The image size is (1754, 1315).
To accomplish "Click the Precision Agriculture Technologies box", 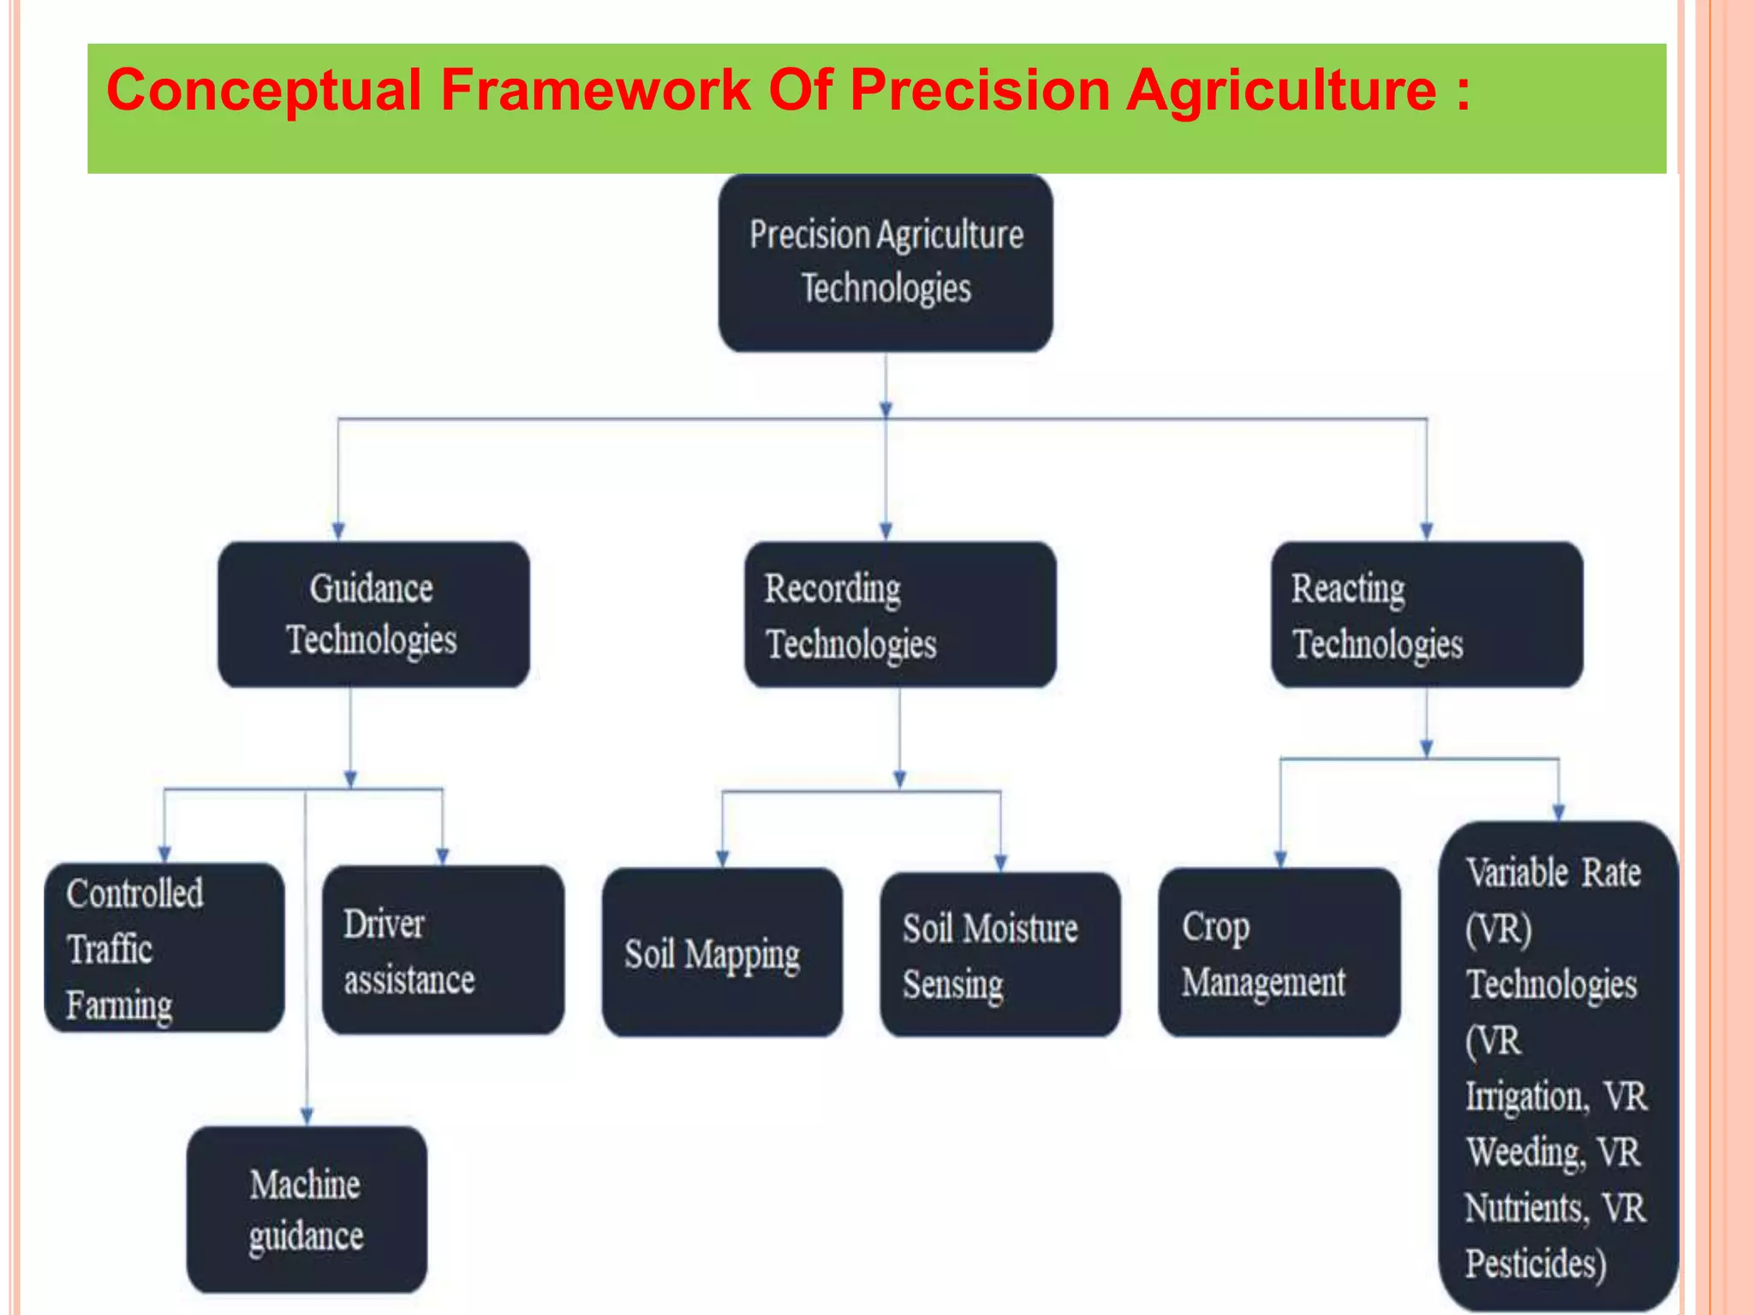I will pyautogui.click(x=886, y=263).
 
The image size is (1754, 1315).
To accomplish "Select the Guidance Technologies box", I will pyautogui.click(x=373, y=614).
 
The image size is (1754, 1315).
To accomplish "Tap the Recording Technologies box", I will pyautogui.click(x=899, y=614).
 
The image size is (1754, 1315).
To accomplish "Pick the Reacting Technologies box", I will pyautogui.click(x=1426, y=614).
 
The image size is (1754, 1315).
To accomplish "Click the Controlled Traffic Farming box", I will pyautogui.click(x=164, y=948).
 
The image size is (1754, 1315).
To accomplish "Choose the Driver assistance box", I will pyautogui.click(x=443, y=950).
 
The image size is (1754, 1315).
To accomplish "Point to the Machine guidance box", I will pyautogui.click(x=307, y=1209).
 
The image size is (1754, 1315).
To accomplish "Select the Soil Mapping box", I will pyautogui.click(x=722, y=953).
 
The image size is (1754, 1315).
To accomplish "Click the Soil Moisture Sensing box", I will pyautogui.click(x=999, y=955).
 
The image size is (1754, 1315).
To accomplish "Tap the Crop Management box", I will pyautogui.click(x=1279, y=953).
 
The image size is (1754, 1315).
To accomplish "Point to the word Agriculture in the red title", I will pyautogui.click(x=1280, y=90).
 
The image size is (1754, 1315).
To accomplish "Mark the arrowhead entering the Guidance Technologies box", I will pyautogui.click(x=338, y=531).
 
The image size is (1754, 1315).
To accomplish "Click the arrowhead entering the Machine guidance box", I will pyautogui.click(x=307, y=1116).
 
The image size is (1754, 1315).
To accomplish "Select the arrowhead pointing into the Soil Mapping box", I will pyautogui.click(x=722, y=858).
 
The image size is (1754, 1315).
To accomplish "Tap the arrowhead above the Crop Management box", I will pyautogui.click(x=1280, y=858).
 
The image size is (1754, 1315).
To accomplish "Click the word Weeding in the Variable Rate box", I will pyautogui.click(x=1524, y=1152).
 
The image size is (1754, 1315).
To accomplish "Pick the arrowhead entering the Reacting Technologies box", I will pyautogui.click(x=1426, y=531).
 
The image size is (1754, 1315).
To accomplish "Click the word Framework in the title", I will pyautogui.click(x=595, y=90).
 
